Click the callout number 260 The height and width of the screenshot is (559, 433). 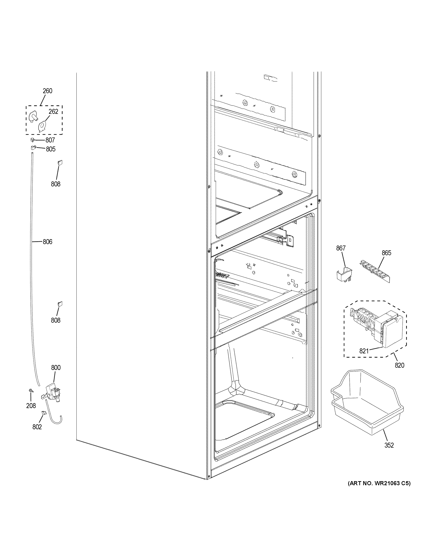(x=47, y=91)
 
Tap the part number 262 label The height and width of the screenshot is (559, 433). (x=53, y=111)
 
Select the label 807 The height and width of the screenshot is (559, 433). (x=50, y=140)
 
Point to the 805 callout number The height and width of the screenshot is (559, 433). (x=51, y=149)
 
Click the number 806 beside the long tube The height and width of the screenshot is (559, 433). (x=47, y=242)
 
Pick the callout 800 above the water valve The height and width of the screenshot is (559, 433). (x=56, y=368)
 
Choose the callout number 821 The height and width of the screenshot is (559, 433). (x=364, y=351)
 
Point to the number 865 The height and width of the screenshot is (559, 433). (x=386, y=253)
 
